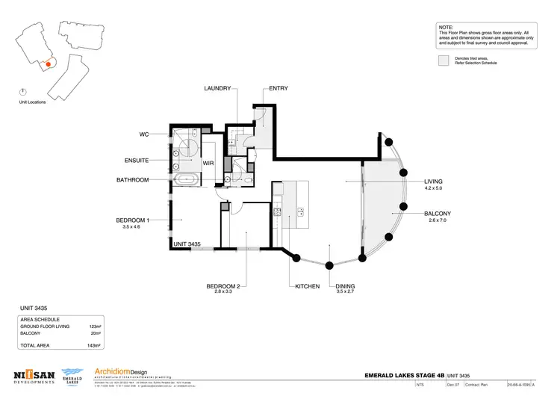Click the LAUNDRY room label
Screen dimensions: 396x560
point(217,88)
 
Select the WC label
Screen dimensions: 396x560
point(145,134)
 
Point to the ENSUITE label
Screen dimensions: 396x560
point(138,160)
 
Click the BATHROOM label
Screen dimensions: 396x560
point(133,180)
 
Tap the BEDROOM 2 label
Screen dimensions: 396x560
point(223,287)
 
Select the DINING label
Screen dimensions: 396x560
point(344,287)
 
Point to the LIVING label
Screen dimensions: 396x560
point(433,182)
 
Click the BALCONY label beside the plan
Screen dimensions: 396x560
point(438,213)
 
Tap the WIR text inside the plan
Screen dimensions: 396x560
point(208,161)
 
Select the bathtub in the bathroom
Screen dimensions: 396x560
point(187,180)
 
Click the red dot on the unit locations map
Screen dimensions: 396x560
point(49,65)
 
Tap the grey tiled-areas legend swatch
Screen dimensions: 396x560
point(444,60)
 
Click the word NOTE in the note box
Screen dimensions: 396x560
point(446,27)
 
